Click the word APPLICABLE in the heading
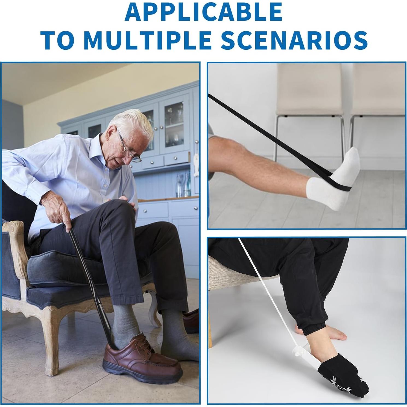(203, 12)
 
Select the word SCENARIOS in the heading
(294, 40)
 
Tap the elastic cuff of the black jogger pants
(314, 328)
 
